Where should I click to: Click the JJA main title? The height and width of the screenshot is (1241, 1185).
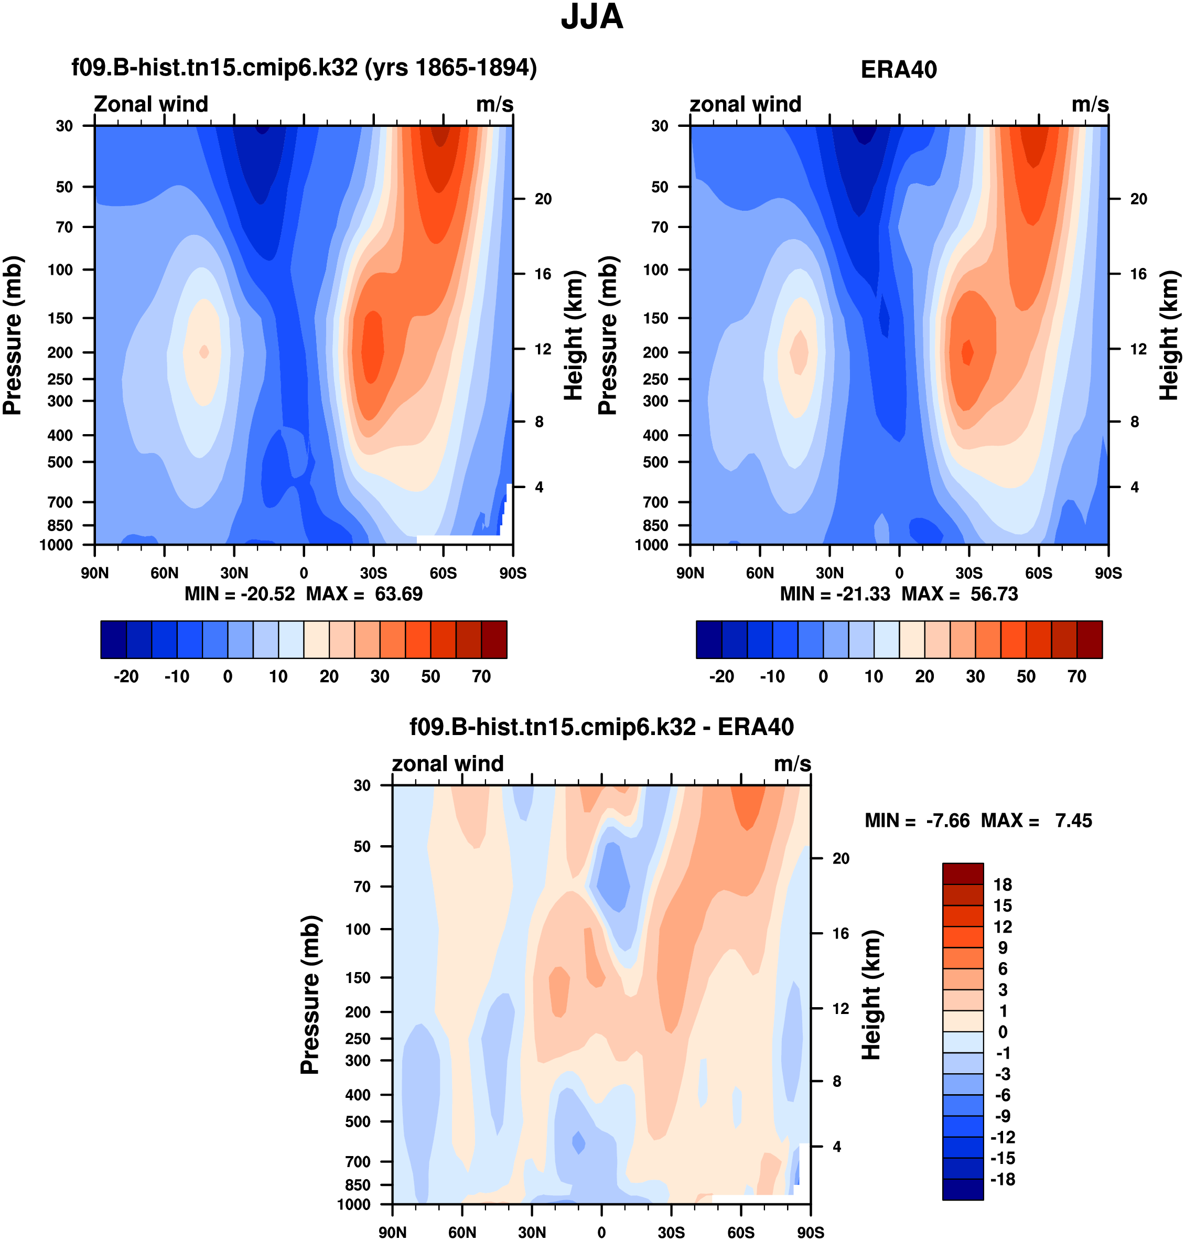tap(592, 17)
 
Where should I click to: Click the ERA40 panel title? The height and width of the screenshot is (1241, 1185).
tap(898, 70)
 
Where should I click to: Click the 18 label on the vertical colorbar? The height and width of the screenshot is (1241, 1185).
tap(1003, 885)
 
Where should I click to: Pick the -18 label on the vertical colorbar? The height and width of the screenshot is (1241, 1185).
tap(1003, 1179)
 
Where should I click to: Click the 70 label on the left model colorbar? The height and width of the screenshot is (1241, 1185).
tap(481, 676)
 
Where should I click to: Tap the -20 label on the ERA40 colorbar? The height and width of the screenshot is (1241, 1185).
tap(721, 676)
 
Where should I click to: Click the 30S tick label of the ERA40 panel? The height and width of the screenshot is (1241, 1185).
tap(969, 574)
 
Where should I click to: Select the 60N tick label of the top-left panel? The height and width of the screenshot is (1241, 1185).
tap(164, 574)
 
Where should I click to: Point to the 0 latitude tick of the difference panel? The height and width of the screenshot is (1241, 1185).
tap(601, 1232)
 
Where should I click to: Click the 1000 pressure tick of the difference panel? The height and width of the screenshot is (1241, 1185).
tap(354, 1204)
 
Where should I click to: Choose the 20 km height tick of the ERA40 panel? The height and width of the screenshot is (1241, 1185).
tap(1138, 199)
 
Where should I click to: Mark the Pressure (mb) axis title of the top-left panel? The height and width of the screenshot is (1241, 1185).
tap(13, 334)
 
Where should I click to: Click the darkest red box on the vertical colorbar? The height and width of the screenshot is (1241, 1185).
tap(963, 874)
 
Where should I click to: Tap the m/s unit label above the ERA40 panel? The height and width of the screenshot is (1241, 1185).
tap(1090, 104)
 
